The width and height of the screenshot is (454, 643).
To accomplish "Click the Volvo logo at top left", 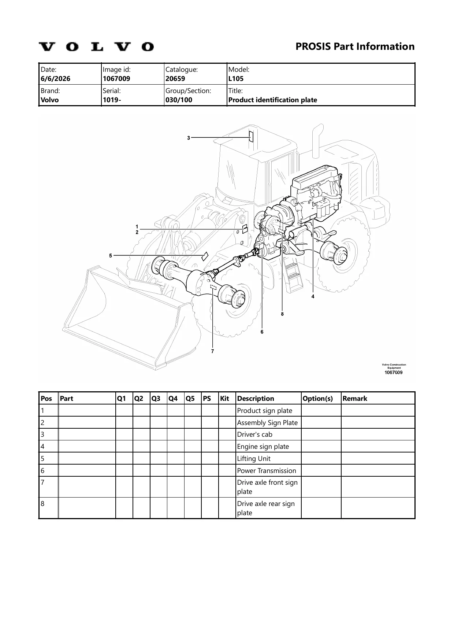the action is pyautogui.click(x=96, y=47).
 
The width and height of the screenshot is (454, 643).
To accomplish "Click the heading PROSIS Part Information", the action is pyautogui.click(x=355, y=47).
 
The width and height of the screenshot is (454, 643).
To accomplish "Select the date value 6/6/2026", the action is pyautogui.click(x=56, y=78).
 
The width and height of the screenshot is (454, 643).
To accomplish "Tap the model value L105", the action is pyautogui.click(x=236, y=78).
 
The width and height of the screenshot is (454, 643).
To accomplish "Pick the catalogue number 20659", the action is pyautogui.click(x=175, y=78).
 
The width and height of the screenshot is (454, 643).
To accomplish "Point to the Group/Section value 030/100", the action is pyautogui.click(x=179, y=100).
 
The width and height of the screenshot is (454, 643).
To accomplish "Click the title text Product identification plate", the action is pyautogui.click(x=273, y=100).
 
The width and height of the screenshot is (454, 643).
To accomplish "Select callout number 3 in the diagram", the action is pyautogui.click(x=189, y=138).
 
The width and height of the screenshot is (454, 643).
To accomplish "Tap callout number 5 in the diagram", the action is pyautogui.click(x=111, y=256).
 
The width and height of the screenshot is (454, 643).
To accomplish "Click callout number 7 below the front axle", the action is pyautogui.click(x=212, y=351).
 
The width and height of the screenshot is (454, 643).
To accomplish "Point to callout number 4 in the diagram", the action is pyautogui.click(x=313, y=296).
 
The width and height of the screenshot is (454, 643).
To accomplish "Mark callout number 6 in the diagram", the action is pyautogui.click(x=262, y=332).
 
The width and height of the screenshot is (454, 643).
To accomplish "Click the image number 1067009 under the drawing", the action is pyautogui.click(x=393, y=373).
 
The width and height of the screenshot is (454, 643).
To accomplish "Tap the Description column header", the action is pyautogui.click(x=256, y=398).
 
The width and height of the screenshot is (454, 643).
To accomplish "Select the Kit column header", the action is pyautogui.click(x=225, y=398).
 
